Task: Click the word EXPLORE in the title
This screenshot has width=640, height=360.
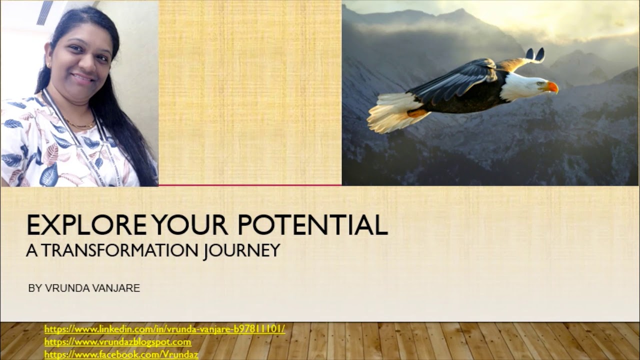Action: (86, 225)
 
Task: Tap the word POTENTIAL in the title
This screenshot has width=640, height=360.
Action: (312, 225)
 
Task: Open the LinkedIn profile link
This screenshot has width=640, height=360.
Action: (164, 329)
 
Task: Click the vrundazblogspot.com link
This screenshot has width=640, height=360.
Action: (117, 342)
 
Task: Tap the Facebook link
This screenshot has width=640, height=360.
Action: (121, 354)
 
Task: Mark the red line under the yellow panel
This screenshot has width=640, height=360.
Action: (250, 185)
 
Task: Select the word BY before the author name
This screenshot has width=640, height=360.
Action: (34, 288)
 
